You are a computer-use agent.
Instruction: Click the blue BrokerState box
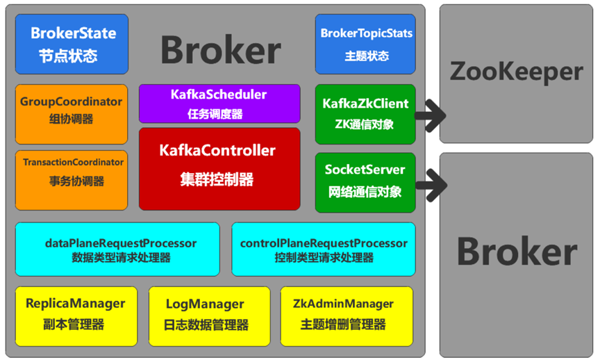tap(73, 44)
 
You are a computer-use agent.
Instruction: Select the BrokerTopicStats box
tap(365, 44)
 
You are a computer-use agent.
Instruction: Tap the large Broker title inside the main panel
tap(221, 50)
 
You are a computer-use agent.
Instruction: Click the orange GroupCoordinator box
tap(72, 111)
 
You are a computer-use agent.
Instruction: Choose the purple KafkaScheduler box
tap(219, 104)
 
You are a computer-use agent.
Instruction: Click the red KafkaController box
tap(219, 168)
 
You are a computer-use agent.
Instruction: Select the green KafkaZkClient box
tap(365, 113)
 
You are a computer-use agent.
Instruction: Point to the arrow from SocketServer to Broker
tap(429, 185)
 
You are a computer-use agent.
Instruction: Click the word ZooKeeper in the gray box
tap(516, 72)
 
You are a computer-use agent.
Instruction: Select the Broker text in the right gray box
tap(516, 252)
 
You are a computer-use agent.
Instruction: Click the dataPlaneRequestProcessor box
tap(117, 249)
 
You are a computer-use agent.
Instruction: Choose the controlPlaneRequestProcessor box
tap(324, 249)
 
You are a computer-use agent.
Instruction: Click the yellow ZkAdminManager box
tap(347, 313)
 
